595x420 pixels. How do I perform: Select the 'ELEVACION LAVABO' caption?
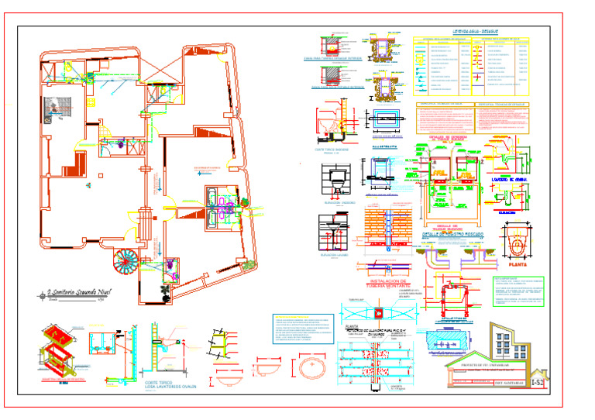click(334, 255)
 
